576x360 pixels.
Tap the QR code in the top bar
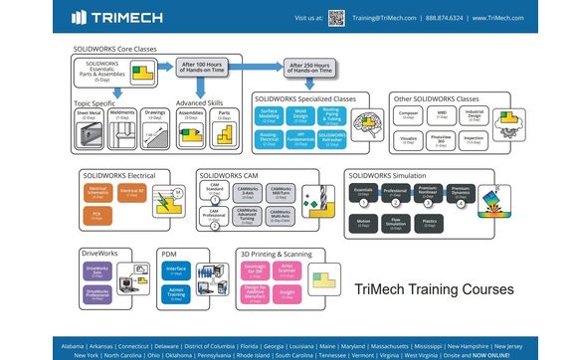(337, 17)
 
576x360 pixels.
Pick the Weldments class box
(123, 119)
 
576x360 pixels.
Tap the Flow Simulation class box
(398, 225)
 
